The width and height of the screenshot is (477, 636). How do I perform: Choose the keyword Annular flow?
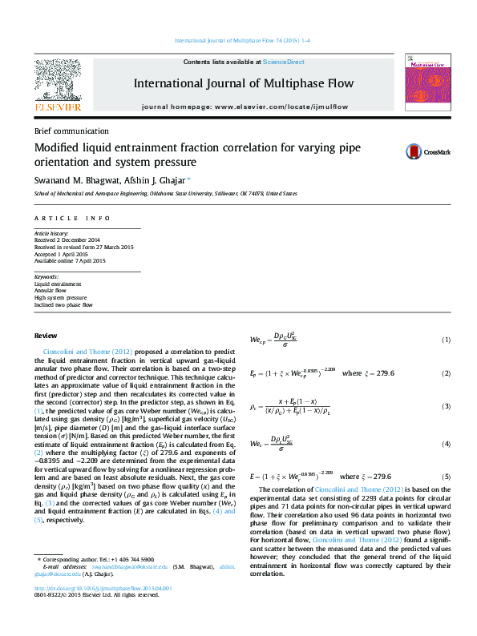(x=50, y=290)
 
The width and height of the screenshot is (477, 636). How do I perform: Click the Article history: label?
(x=51, y=233)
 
